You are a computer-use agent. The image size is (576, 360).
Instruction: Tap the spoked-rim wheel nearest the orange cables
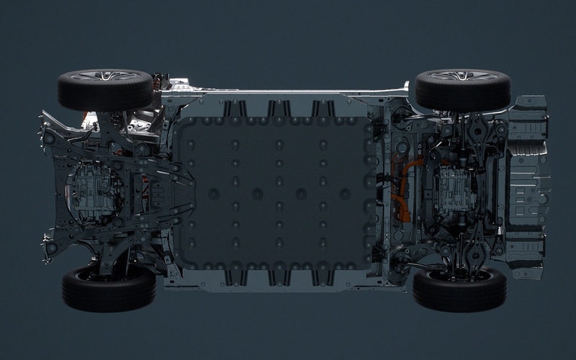tap(462, 89)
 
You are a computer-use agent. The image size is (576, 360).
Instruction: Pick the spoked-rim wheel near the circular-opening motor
tap(107, 88)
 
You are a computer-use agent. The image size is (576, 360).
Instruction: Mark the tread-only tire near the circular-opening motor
tap(109, 288)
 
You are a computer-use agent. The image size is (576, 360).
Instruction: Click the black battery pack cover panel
tap(277, 191)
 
